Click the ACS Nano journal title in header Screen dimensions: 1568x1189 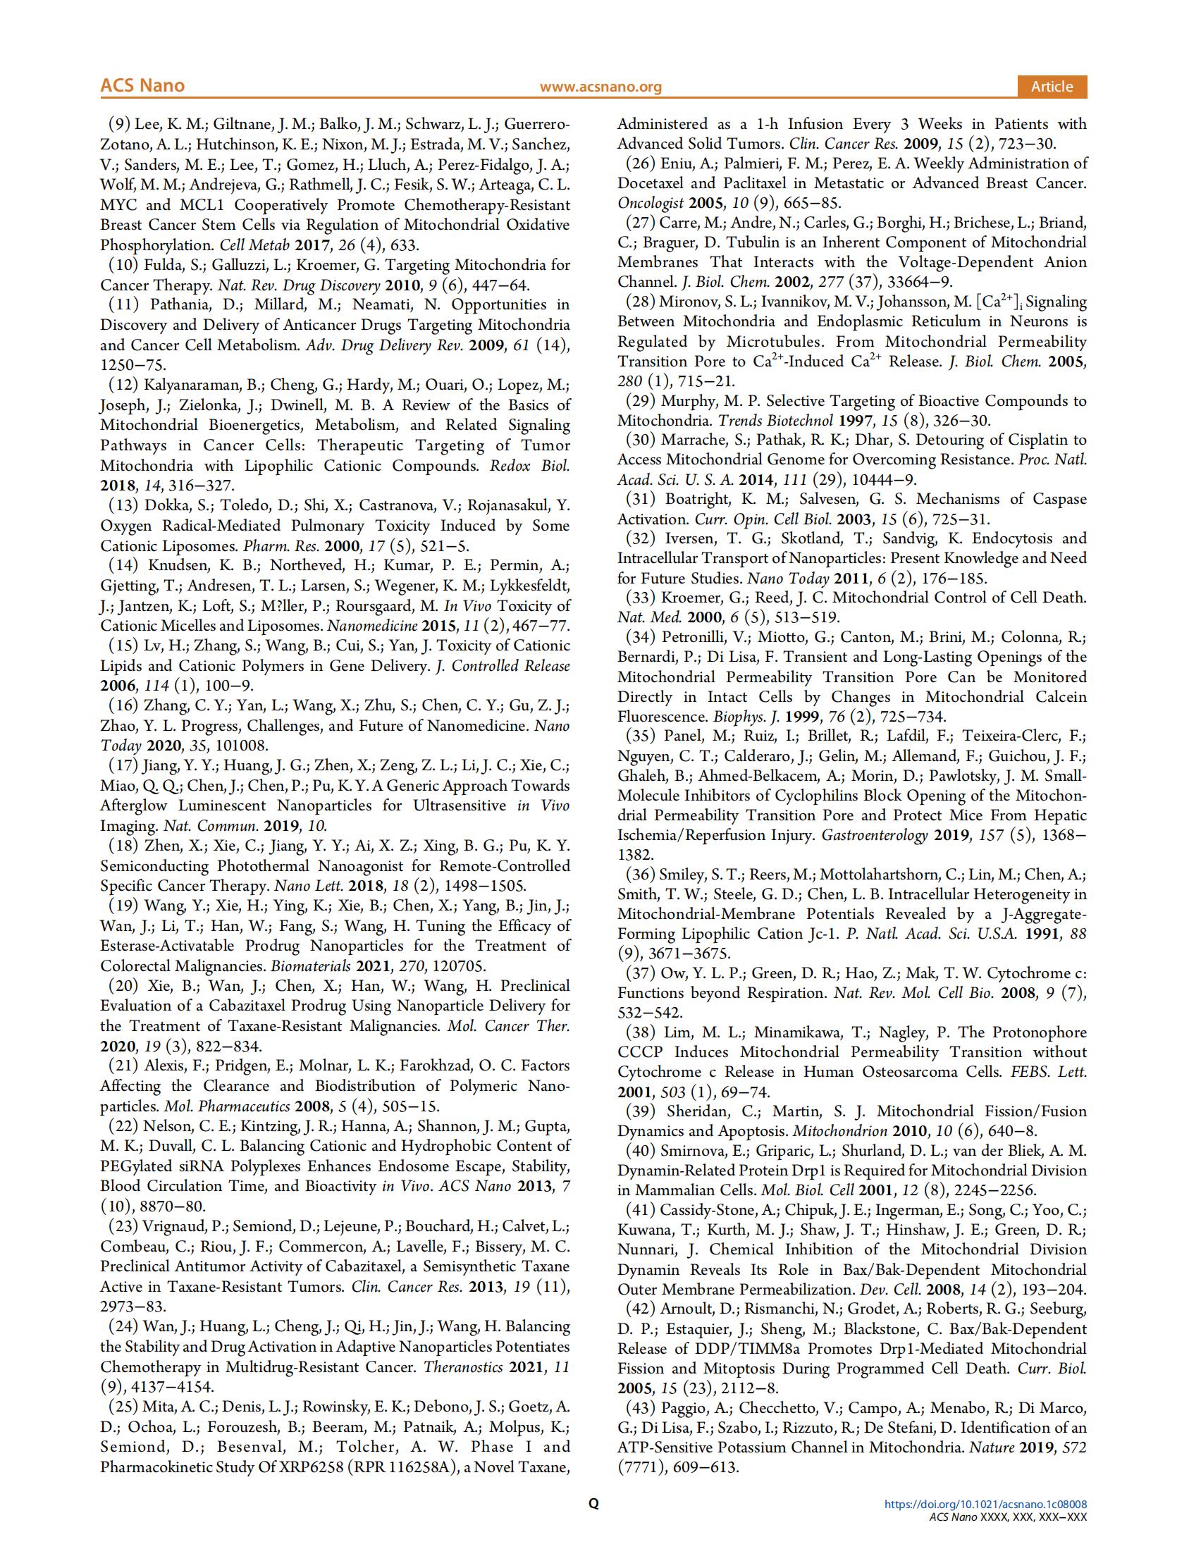click(x=142, y=86)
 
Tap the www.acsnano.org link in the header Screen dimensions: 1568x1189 click(x=600, y=87)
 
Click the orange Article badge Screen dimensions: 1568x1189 click(x=1052, y=87)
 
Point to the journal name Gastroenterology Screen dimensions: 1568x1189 click(x=873, y=835)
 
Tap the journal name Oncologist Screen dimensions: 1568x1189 click(x=650, y=203)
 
